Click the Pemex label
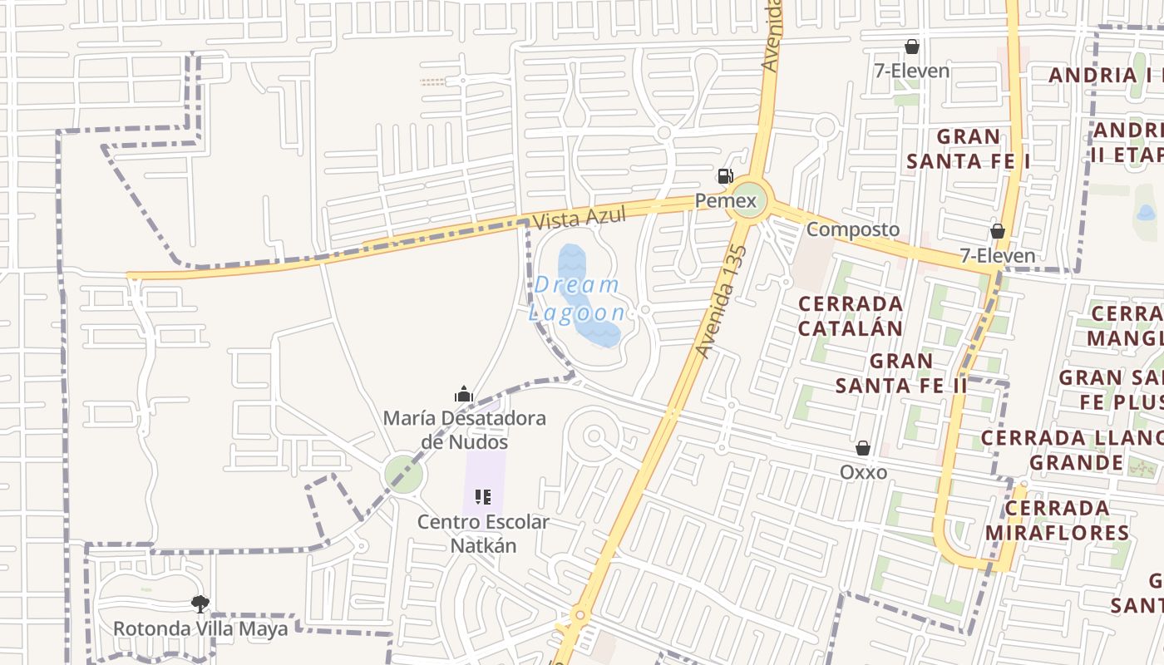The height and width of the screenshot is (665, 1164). pyautogui.click(x=727, y=201)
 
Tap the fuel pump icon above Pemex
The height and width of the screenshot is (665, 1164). pyautogui.click(x=726, y=176)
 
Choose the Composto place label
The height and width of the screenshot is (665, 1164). pyautogui.click(x=853, y=229)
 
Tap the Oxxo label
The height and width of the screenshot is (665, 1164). pyautogui.click(x=863, y=472)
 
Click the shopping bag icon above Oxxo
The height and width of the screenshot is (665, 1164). pyautogui.click(x=863, y=449)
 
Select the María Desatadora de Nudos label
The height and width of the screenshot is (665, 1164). pyautogui.click(x=464, y=429)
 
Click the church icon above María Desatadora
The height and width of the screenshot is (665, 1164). pyautogui.click(x=464, y=394)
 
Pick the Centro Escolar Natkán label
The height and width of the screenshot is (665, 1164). pyautogui.click(x=483, y=534)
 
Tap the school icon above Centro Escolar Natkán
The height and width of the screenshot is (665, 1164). pyautogui.click(x=483, y=498)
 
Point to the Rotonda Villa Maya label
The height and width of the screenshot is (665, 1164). pyautogui.click(x=200, y=628)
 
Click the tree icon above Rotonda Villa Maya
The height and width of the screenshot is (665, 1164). pyautogui.click(x=200, y=604)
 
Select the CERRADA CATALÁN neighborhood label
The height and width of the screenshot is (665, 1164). pyautogui.click(x=851, y=316)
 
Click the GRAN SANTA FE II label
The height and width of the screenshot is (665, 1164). pyautogui.click(x=901, y=373)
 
